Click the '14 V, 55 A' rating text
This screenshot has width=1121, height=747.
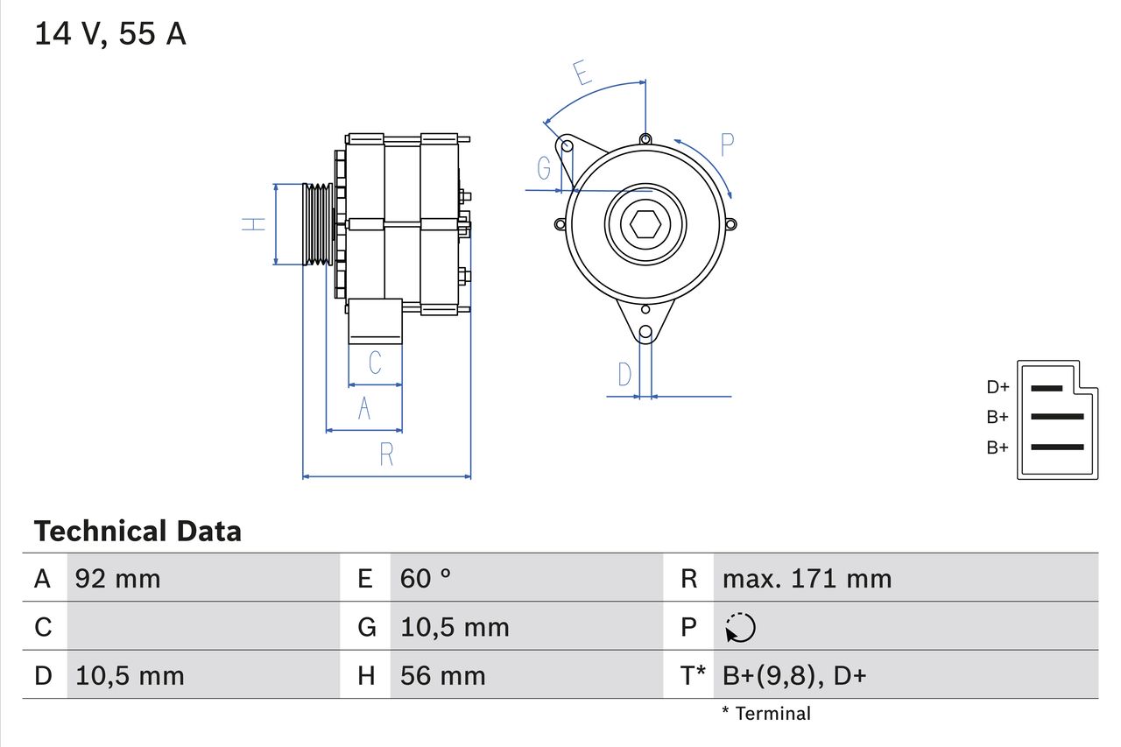click(110, 34)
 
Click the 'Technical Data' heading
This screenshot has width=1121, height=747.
click(137, 532)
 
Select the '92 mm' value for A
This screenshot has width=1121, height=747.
click(118, 579)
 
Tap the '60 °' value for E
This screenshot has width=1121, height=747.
click(426, 579)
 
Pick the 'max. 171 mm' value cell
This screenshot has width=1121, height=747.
click(807, 579)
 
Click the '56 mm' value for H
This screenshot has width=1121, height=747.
click(442, 676)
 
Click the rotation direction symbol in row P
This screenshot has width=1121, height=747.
click(740, 628)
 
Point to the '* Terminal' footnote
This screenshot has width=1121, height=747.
click(766, 714)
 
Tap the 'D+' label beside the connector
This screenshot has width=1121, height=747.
click(998, 387)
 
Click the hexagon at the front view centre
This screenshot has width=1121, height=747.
click(645, 224)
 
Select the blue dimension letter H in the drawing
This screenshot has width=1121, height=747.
click(254, 224)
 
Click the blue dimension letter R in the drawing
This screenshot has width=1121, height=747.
click(386, 455)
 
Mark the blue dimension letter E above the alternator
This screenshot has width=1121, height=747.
click(582, 73)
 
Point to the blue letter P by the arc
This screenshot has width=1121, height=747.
click(727, 144)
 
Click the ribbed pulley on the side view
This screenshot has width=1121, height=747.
click(317, 224)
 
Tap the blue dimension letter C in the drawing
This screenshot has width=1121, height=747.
click(375, 363)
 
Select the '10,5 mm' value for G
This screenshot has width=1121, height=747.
click(455, 628)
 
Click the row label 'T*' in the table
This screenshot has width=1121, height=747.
click(693, 676)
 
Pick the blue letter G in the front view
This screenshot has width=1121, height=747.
click(545, 167)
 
